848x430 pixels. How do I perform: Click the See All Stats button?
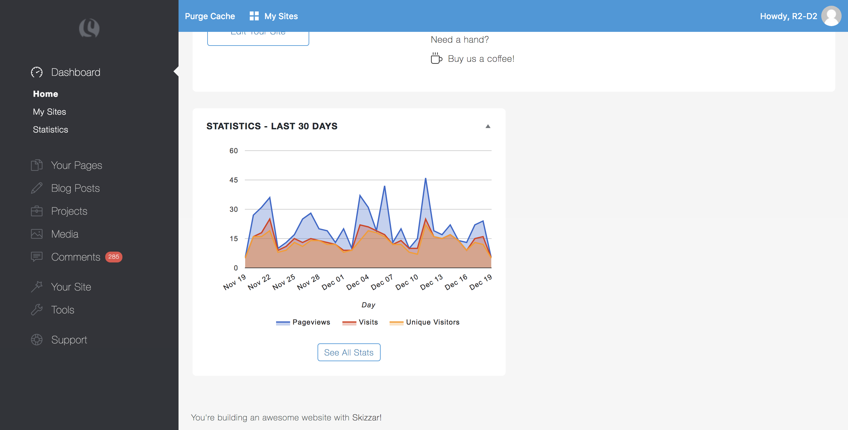click(x=349, y=352)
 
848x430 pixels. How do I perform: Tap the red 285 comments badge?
click(x=113, y=257)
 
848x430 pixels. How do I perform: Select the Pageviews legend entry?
click(x=303, y=322)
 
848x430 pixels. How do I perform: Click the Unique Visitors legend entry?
click(x=425, y=322)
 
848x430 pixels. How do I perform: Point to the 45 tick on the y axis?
click(x=233, y=180)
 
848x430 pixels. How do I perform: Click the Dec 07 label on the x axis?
click(x=382, y=282)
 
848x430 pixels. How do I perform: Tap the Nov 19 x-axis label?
click(x=234, y=282)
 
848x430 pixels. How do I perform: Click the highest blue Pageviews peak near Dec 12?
click(x=425, y=179)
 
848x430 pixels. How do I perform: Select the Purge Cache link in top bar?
click(x=210, y=16)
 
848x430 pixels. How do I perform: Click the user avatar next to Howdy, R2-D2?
click(x=831, y=16)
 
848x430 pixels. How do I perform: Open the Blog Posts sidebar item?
click(x=75, y=188)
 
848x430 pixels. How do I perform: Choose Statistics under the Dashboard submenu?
click(x=50, y=130)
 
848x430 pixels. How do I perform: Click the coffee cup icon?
click(x=436, y=58)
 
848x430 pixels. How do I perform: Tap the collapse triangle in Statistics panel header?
click(x=488, y=126)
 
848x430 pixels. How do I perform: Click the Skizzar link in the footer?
click(x=366, y=418)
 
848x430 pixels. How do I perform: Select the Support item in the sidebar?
click(x=69, y=340)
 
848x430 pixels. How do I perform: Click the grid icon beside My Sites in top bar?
click(x=254, y=16)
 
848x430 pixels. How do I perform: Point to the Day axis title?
click(x=368, y=305)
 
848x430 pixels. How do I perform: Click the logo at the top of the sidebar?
click(x=89, y=28)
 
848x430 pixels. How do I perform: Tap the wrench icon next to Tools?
click(x=37, y=310)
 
